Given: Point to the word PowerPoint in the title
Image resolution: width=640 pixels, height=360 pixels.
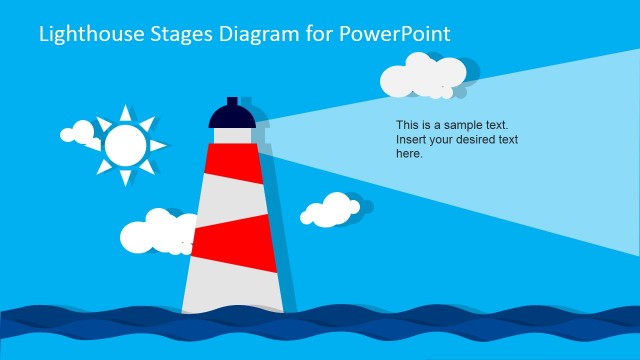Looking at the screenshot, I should tap(396, 34).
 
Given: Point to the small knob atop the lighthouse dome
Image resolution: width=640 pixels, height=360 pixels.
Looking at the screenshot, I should tap(233, 101).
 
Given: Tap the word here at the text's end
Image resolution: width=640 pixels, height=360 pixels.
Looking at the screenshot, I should tap(409, 154).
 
